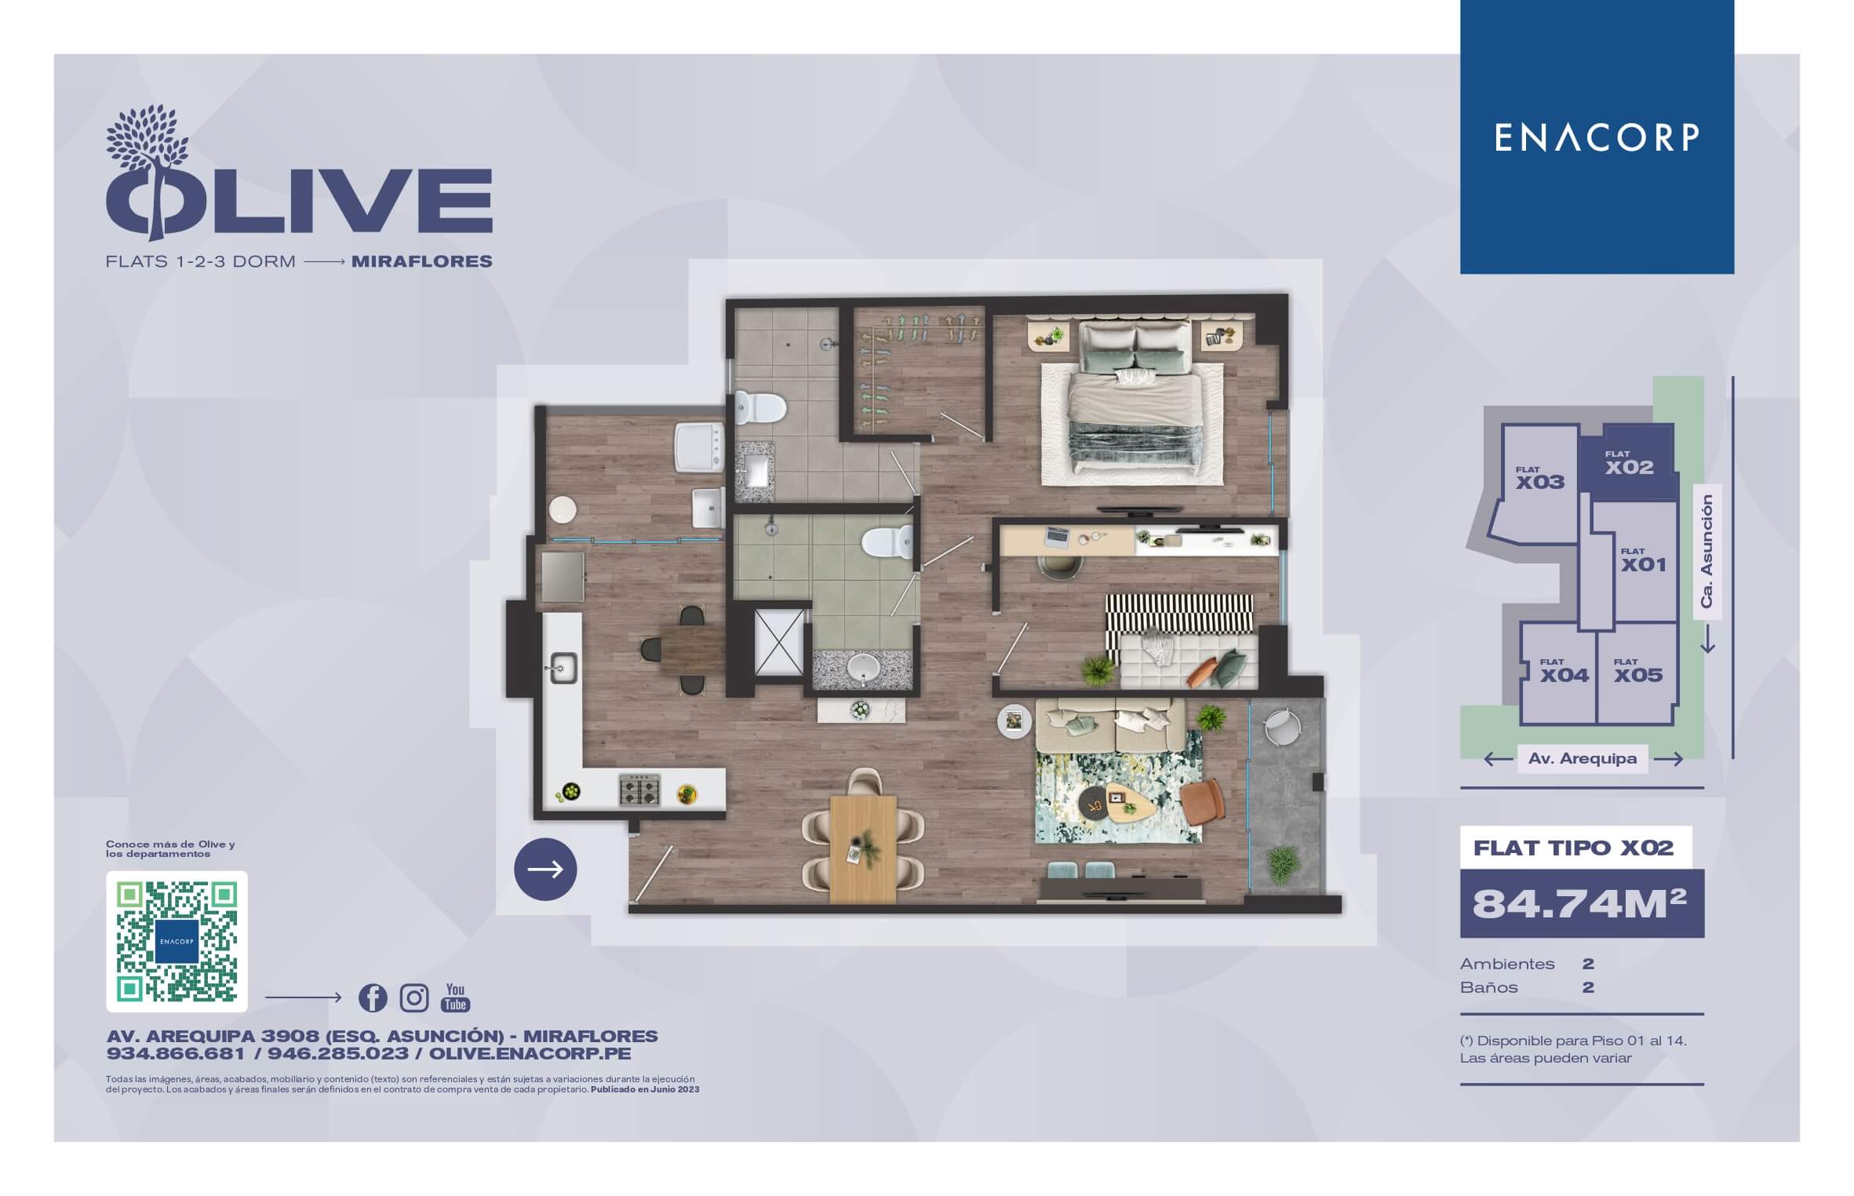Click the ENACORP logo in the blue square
click(x=1596, y=137)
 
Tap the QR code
click(x=177, y=941)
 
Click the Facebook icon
click(x=373, y=997)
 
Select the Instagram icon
click(x=414, y=997)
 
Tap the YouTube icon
click(x=456, y=997)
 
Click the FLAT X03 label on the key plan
click(x=1539, y=478)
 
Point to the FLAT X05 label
click(x=1637, y=671)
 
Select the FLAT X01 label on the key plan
click(x=1643, y=560)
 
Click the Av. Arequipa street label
click(x=1582, y=759)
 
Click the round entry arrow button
click(x=545, y=869)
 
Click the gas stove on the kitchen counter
click(x=639, y=789)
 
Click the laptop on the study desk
click(x=1056, y=537)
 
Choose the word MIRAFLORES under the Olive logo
click(x=422, y=261)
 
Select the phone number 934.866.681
click(x=176, y=1054)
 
